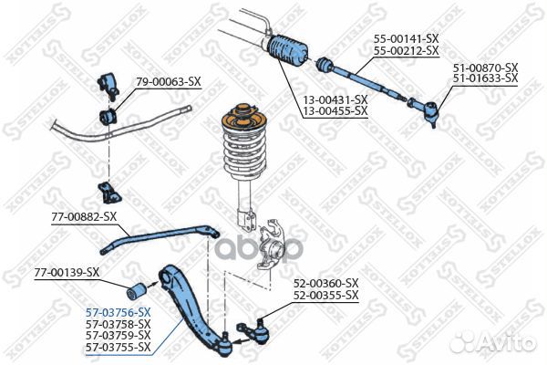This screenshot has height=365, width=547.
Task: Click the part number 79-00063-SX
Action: click(x=168, y=81)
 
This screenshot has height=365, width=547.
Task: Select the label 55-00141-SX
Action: click(x=407, y=39)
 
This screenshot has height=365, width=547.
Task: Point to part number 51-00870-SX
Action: click(x=486, y=68)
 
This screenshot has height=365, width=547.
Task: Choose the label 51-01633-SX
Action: click(x=486, y=78)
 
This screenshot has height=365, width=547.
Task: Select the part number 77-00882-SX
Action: click(x=84, y=216)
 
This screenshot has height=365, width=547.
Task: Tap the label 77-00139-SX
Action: click(x=67, y=272)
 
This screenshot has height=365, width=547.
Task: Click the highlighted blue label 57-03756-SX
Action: click(x=119, y=312)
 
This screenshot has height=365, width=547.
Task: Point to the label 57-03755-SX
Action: click(x=119, y=347)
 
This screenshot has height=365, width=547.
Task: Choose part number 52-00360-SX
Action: click(x=325, y=284)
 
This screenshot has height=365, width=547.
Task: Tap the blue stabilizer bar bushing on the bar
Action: click(x=108, y=117)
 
